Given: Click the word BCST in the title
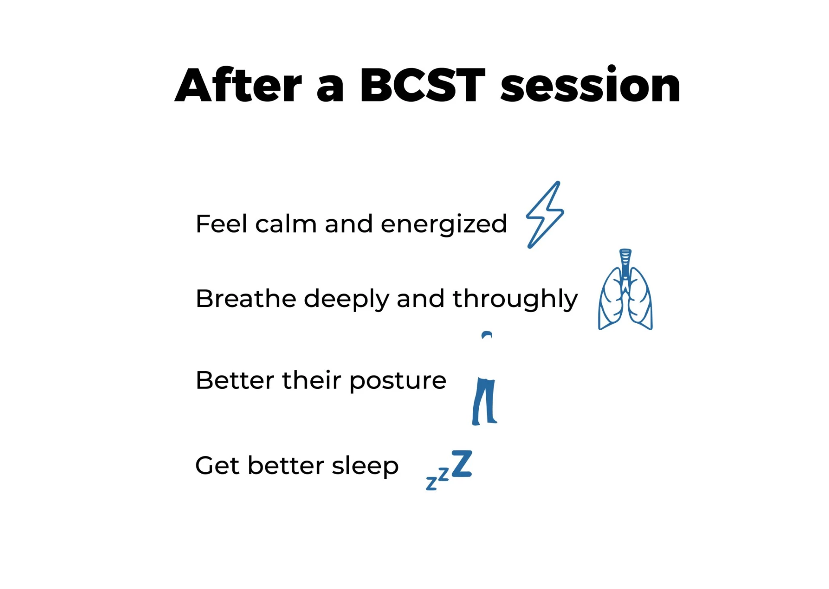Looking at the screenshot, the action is click(423, 85).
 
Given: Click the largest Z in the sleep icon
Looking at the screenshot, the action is click(462, 464).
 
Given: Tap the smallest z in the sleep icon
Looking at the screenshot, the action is click(431, 484).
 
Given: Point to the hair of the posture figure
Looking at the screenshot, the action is click(487, 334).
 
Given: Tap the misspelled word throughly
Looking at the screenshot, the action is click(515, 299).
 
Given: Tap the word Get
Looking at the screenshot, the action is click(217, 466).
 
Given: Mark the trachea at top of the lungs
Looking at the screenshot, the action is click(625, 264).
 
